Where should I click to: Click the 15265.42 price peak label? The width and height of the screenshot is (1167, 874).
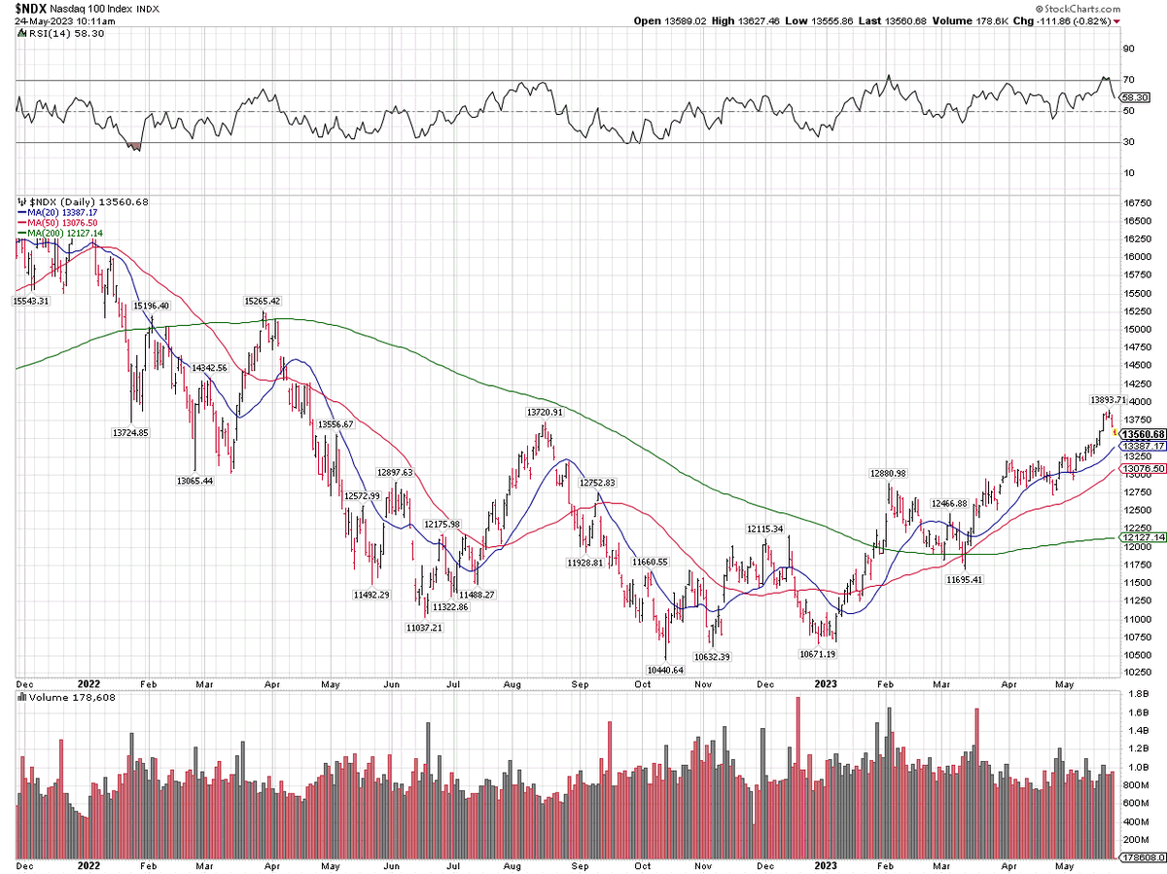(262, 301)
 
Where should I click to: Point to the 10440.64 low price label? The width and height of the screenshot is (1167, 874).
(665, 670)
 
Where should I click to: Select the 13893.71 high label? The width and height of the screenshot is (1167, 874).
(1107, 399)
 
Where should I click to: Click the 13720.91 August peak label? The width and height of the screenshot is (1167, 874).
(545, 412)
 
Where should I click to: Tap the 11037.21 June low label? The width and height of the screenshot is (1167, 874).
(425, 628)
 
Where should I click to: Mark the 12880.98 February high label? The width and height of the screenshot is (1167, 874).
(887, 473)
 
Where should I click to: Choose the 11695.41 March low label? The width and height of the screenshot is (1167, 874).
(965, 579)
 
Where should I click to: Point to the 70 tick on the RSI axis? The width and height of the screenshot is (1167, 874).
(1128, 80)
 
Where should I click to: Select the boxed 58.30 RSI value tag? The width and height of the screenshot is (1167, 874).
(1135, 97)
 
